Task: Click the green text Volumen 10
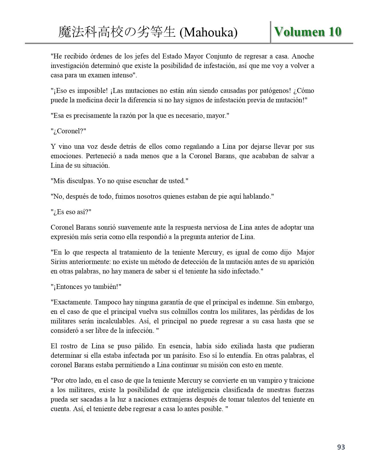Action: (308, 32)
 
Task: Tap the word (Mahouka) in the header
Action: (208, 33)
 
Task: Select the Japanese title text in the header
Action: (117, 32)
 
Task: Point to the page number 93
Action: (341, 447)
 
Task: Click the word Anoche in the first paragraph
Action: (303, 56)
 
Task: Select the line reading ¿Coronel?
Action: (68, 131)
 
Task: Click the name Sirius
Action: (59, 262)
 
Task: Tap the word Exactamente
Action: (71, 302)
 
